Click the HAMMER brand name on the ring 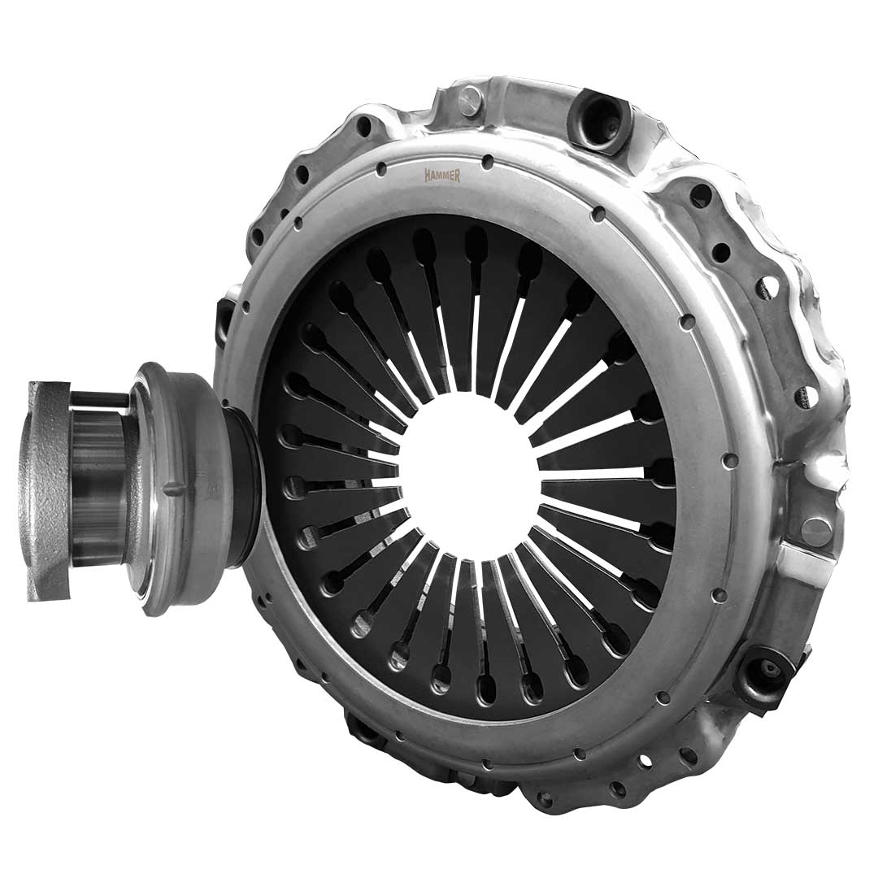[x=442, y=176]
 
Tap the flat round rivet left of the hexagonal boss [x=469, y=100]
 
